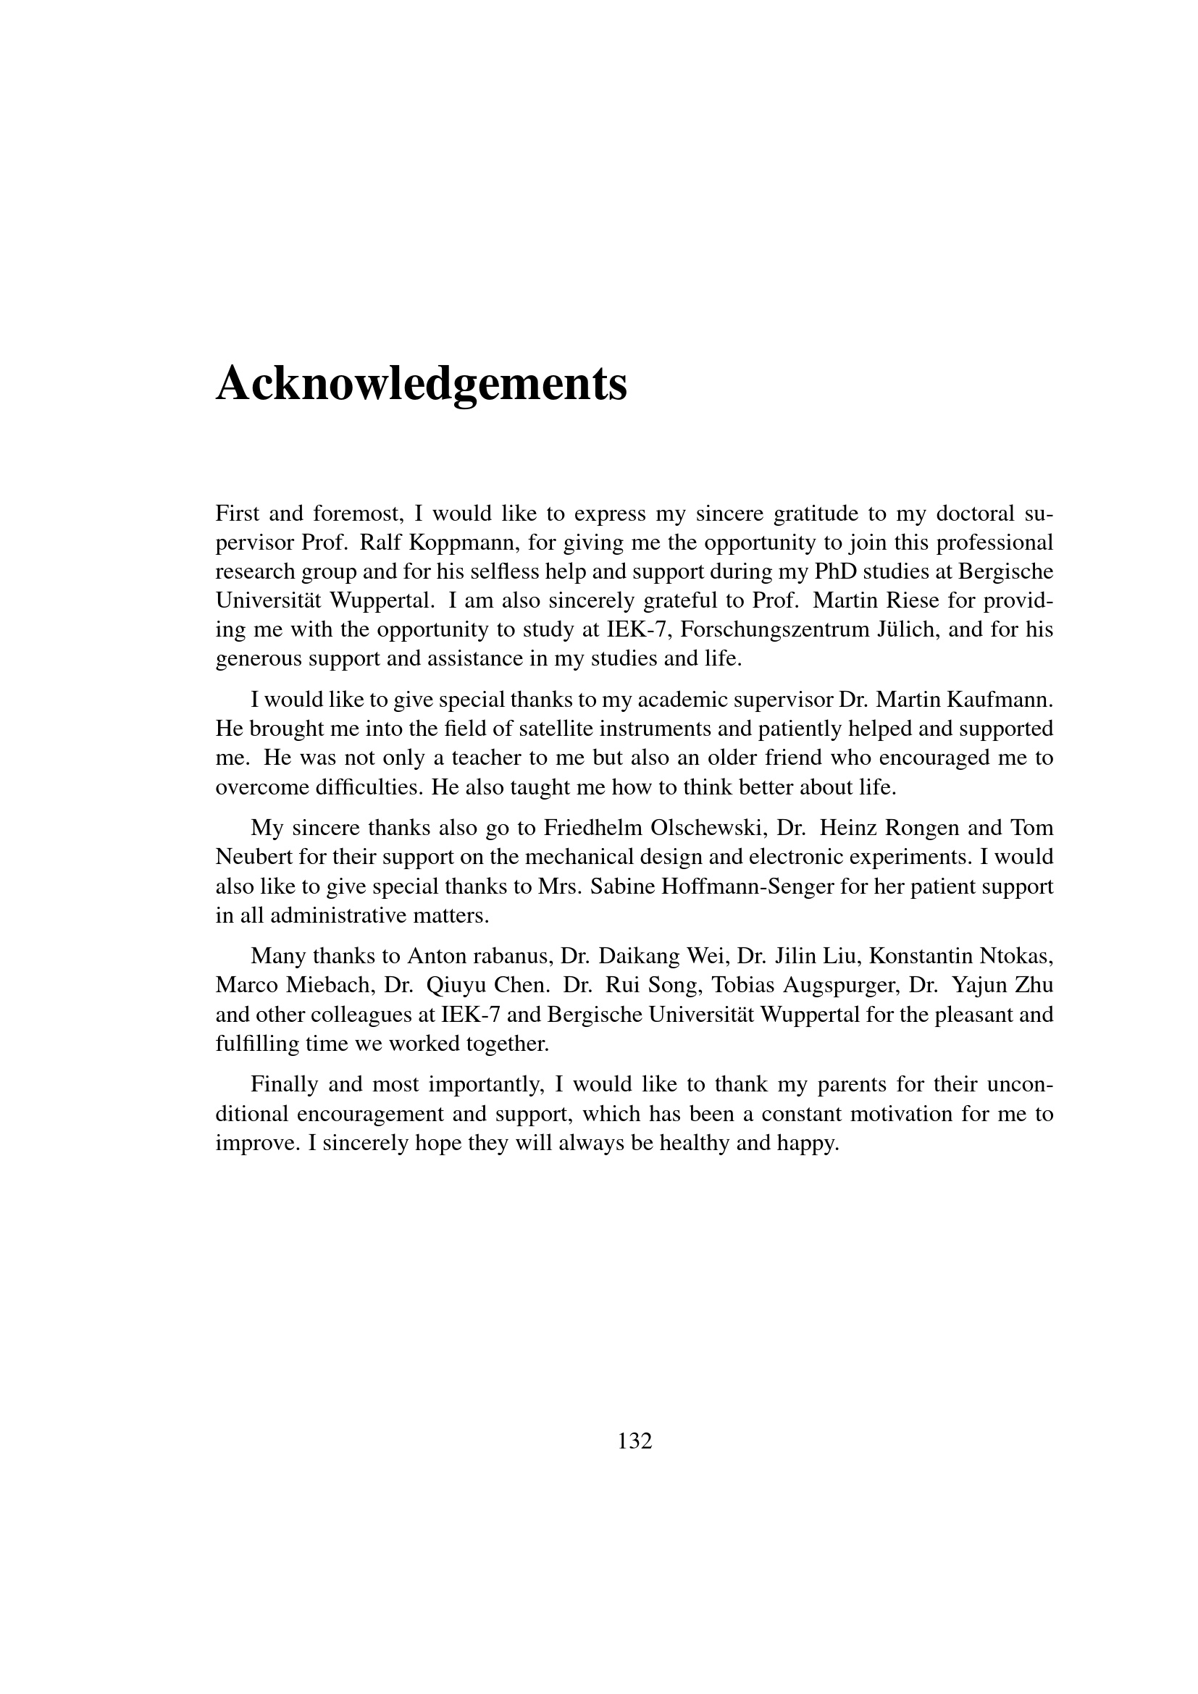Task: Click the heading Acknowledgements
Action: tap(422, 385)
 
